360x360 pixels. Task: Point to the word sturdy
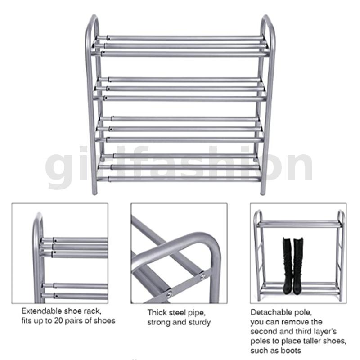[199, 322]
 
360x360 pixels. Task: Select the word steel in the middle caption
[178, 312]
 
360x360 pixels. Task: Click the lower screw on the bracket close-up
[170, 294]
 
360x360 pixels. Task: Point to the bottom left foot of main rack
[94, 193]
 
